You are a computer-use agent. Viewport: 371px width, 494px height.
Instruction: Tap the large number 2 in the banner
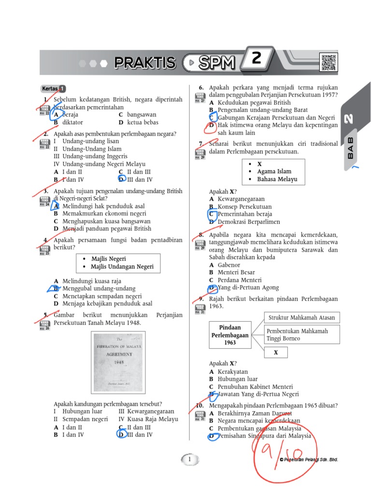(x=256, y=59)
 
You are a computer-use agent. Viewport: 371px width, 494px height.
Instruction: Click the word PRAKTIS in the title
(x=145, y=63)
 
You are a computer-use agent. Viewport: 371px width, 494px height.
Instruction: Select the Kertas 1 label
(x=53, y=89)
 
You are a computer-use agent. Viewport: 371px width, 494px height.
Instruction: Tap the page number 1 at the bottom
(x=190, y=459)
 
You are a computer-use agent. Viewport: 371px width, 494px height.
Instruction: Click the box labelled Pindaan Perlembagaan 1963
(x=230, y=335)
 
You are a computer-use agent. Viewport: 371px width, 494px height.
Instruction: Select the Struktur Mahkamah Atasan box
(x=301, y=317)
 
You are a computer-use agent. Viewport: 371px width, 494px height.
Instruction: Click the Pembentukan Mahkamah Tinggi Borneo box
(x=301, y=335)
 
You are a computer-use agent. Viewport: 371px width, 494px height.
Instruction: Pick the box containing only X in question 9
(x=276, y=353)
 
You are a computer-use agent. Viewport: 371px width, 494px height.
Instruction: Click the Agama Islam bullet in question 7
(x=274, y=171)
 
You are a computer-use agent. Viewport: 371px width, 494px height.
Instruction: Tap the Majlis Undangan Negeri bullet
(x=122, y=266)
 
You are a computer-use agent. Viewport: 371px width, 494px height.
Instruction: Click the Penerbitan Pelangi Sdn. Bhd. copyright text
(x=309, y=460)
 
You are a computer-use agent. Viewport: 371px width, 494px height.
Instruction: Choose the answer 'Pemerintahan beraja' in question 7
(x=244, y=214)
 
